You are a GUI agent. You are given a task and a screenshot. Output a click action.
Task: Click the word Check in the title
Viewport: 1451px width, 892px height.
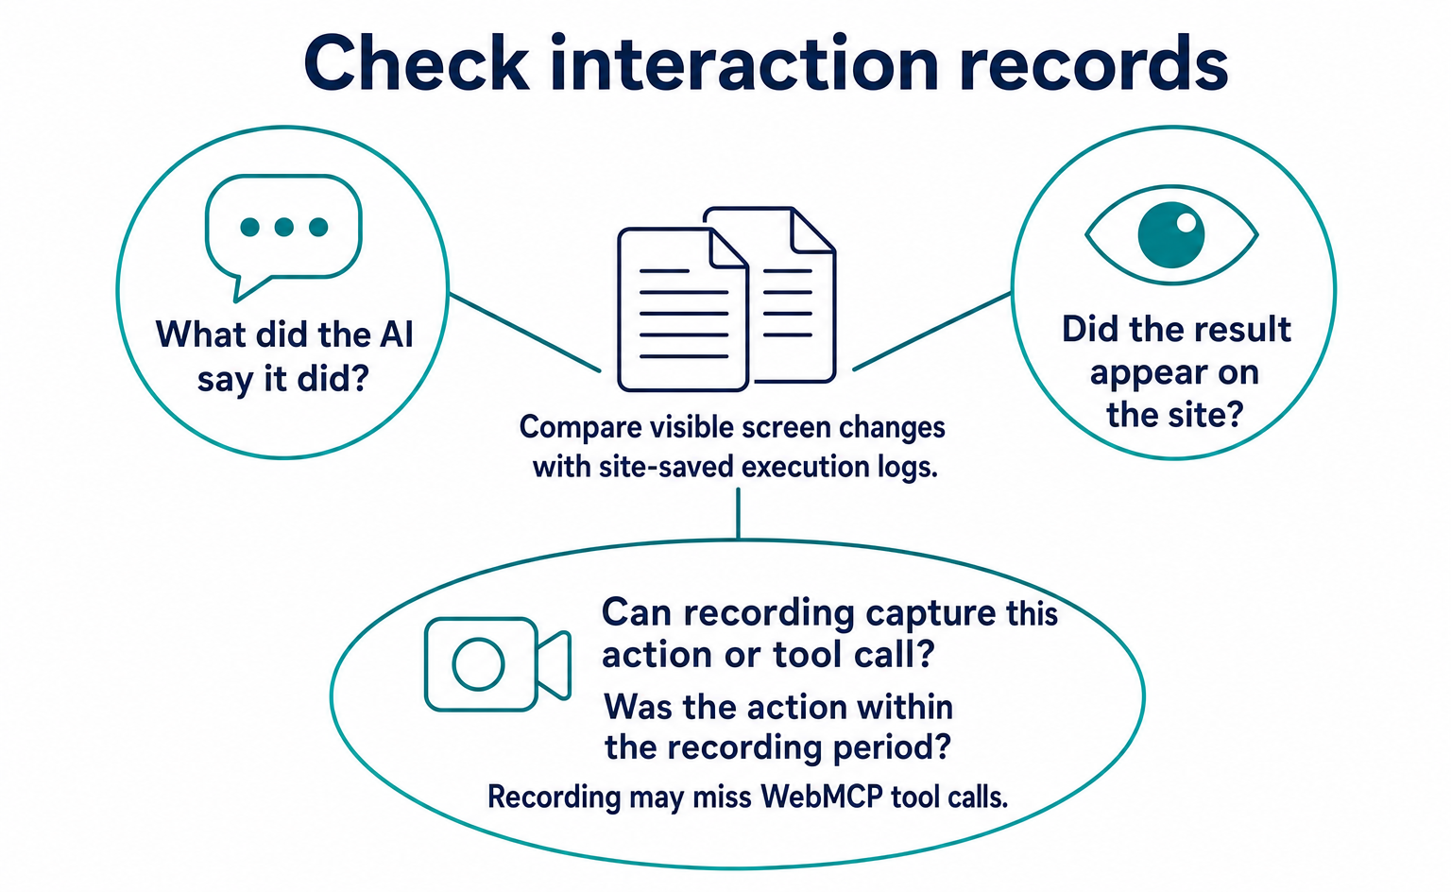[416, 63]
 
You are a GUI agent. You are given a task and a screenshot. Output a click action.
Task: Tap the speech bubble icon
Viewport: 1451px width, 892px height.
[283, 237]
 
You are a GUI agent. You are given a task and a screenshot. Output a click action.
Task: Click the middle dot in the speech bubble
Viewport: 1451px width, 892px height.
[283, 227]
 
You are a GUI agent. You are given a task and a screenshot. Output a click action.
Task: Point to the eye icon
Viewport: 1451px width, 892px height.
[1171, 234]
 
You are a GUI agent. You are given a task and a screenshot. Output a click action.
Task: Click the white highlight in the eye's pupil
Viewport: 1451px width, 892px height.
[1186, 222]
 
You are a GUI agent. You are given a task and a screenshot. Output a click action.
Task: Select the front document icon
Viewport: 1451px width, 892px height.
[683, 310]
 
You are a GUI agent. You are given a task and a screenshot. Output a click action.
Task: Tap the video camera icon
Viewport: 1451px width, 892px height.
[498, 664]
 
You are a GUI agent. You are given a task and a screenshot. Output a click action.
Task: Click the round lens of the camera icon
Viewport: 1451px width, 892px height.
[478, 664]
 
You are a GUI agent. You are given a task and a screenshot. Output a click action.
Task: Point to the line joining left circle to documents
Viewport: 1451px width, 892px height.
[525, 333]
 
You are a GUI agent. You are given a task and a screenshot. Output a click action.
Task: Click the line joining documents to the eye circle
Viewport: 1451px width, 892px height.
[932, 331]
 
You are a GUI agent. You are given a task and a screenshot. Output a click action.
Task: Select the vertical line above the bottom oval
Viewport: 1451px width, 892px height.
[738, 513]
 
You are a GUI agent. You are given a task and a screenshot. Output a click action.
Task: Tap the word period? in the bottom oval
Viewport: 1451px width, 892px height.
[892, 747]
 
